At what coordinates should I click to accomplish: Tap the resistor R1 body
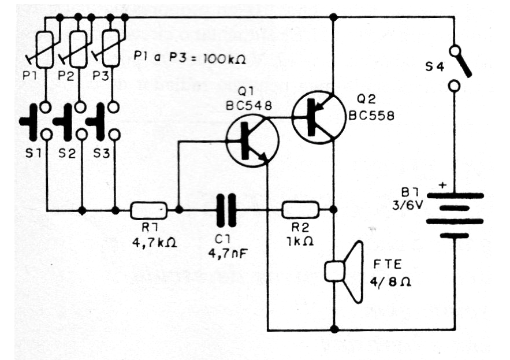[148, 210]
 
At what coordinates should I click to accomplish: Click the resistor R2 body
[300, 210]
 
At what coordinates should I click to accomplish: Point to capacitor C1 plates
[226, 210]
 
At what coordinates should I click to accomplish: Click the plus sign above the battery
[443, 185]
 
